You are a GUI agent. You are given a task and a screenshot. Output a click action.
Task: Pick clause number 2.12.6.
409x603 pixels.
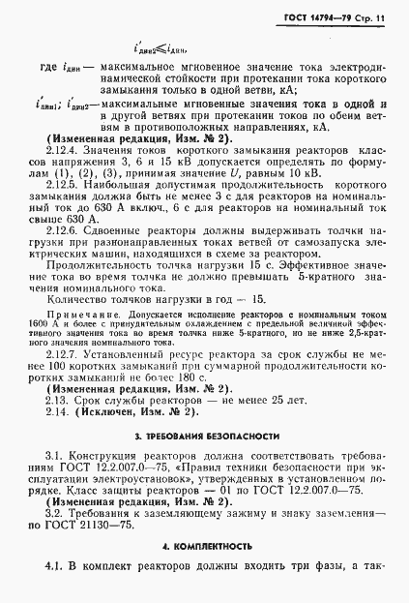coord(63,230)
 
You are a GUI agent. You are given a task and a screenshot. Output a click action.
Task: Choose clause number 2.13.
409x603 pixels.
coord(58,399)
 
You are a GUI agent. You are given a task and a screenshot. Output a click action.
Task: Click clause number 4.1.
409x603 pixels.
coord(56,565)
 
